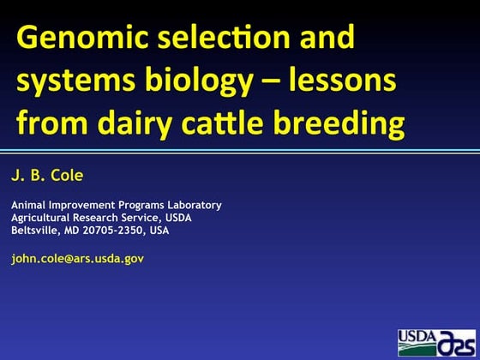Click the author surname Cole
tap(68, 176)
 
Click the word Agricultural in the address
tap(41, 218)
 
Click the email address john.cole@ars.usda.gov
tap(77, 257)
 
